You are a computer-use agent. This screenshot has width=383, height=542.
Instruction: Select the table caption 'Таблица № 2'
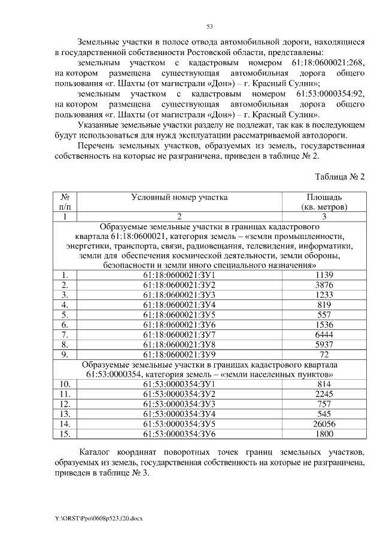pyautogui.click(x=339, y=177)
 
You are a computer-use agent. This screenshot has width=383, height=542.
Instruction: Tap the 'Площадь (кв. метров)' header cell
pyautogui.click(x=324, y=201)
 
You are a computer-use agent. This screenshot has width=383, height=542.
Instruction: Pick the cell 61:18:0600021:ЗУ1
pyautogui.click(x=179, y=275)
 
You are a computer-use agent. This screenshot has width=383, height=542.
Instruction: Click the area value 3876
pyautogui.click(x=324, y=285)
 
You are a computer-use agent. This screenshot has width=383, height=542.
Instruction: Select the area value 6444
pyautogui.click(x=324, y=334)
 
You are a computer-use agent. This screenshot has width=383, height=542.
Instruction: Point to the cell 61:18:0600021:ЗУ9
pyautogui.click(x=179, y=354)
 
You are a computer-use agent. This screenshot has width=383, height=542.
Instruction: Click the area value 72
pyautogui.click(x=324, y=354)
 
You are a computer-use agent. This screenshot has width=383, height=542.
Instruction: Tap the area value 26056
pyautogui.click(x=324, y=423)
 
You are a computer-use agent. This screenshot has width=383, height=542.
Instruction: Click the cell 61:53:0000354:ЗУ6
pyautogui.click(x=179, y=434)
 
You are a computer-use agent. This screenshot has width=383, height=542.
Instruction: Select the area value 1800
pyautogui.click(x=324, y=434)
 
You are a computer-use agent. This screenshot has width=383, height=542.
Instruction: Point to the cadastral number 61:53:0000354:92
pyautogui.click(x=330, y=94)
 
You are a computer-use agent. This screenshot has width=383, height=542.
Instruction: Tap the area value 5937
pyautogui.click(x=324, y=344)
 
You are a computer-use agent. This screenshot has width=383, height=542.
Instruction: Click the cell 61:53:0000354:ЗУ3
pyautogui.click(x=179, y=404)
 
